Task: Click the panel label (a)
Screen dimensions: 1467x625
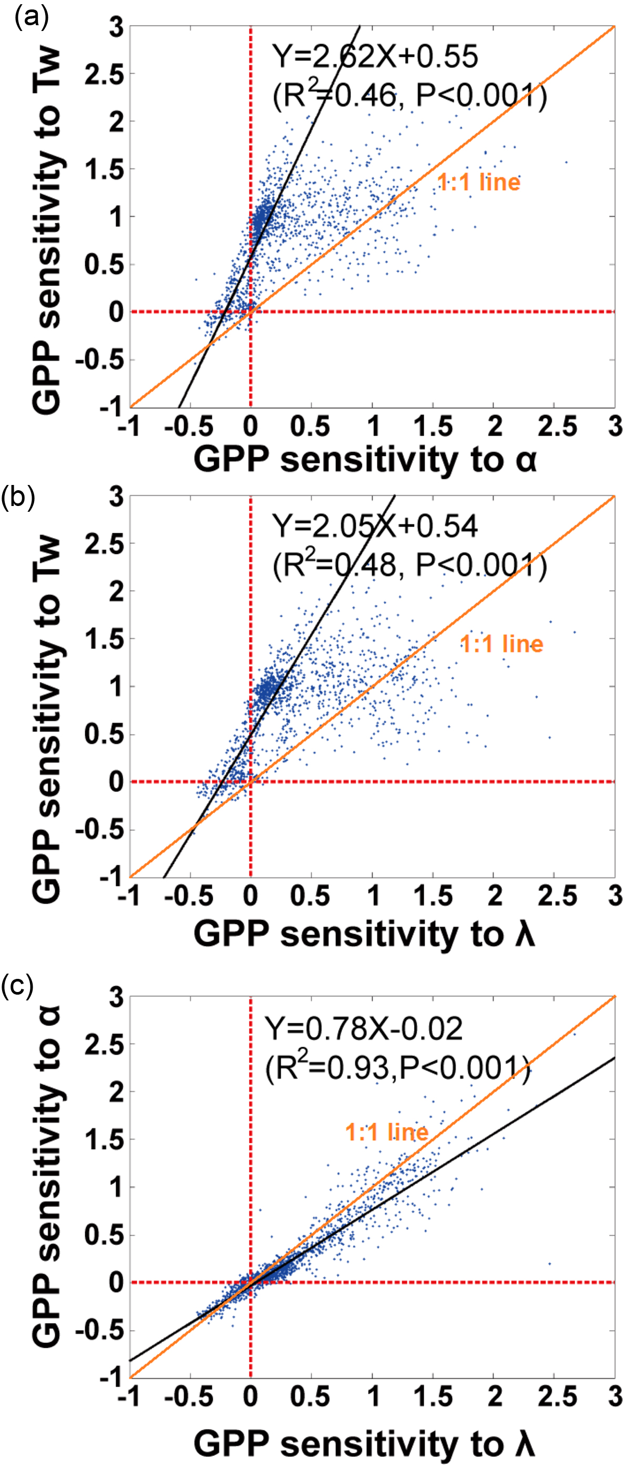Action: pos(32,17)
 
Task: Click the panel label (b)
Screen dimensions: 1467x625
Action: pos(18,497)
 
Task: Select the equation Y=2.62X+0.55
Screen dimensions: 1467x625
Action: pos(375,56)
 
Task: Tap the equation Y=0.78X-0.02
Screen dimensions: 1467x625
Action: pos(364,1028)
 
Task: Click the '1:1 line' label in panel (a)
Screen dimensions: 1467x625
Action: pos(478,182)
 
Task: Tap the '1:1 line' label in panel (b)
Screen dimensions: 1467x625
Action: pos(501,644)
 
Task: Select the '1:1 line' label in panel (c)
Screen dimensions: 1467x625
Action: pos(387,1132)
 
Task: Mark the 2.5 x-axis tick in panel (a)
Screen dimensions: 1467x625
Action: pos(557,427)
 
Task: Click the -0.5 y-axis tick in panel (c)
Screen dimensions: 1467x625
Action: pos(99,1330)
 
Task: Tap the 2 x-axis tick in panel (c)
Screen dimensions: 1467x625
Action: pos(495,1397)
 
